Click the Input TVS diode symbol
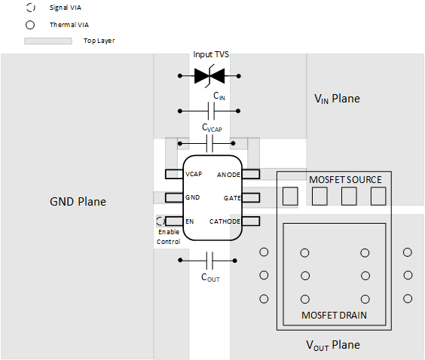pos(210,75)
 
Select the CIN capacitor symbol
pos(210,111)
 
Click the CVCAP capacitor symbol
pos(210,143)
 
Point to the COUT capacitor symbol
pos(210,261)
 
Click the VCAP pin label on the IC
pos(194,174)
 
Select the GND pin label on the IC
pos(192,197)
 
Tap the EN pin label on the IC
pos(190,221)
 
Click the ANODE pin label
pos(228,175)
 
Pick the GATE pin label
pos(231,197)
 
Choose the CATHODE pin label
pos(225,221)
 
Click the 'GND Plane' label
pos(78,202)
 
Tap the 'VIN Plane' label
pos(337,99)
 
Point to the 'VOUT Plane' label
pos(332,345)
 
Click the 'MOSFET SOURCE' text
pos(345,180)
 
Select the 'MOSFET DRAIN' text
pos(334,315)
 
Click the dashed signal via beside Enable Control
pos(161,221)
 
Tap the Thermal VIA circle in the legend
pos(30,24)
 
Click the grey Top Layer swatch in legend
pos(48,41)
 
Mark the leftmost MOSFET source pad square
pos(290,197)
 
